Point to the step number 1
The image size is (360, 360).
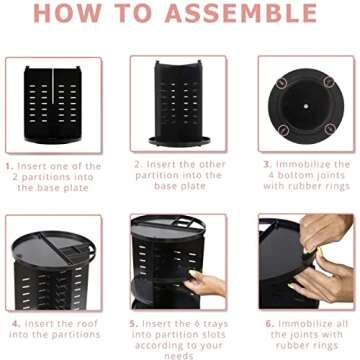pos(9,165)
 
